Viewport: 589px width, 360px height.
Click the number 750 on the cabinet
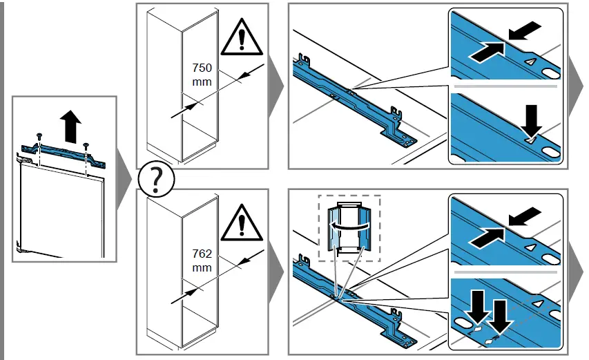[x=202, y=68]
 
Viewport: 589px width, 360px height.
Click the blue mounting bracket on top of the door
[x=64, y=154]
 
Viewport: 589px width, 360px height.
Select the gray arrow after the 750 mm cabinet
[x=274, y=86]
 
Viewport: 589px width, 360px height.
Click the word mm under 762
[x=201, y=266]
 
